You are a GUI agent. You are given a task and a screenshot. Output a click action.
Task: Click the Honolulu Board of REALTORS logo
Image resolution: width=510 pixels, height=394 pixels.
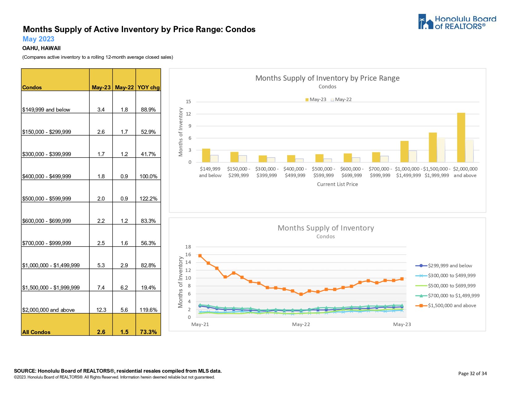click(x=457, y=22)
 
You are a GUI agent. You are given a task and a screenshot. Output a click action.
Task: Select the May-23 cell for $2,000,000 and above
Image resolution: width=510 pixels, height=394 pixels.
click(x=101, y=310)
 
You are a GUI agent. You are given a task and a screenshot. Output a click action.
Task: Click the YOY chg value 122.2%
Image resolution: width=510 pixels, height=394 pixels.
click(x=148, y=198)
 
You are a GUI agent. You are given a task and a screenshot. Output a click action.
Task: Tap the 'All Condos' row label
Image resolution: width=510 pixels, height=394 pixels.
click(x=36, y=332)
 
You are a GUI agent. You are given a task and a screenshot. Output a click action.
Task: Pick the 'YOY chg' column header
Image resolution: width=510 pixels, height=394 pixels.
click(x=148, y=87)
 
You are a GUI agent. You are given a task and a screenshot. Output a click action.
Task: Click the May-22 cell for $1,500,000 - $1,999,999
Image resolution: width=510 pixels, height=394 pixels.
click(x=124, y=287)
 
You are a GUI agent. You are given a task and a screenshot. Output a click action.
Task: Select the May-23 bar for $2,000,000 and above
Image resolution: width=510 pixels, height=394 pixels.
click(x=461, y=138)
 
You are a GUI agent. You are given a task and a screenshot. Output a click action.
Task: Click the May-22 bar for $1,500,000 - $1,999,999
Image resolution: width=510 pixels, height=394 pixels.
click(x=441, y=150)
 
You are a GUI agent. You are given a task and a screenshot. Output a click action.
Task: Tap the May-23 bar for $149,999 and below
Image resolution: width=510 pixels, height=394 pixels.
click(x=206, y=155)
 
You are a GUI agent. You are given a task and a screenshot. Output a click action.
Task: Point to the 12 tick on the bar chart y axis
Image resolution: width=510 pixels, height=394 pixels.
click(x=188, y=114)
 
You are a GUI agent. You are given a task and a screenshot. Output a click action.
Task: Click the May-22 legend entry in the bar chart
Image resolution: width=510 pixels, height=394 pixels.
click(x=341, y=100)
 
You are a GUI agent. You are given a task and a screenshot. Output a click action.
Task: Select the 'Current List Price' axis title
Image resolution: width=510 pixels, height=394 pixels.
click(x=337, y=184)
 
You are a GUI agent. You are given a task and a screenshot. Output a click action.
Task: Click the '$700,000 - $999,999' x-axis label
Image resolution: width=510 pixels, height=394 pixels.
click(x=380, y=172)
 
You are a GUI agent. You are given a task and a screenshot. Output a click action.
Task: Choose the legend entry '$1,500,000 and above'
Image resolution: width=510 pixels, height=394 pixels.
click(x=452, y=306)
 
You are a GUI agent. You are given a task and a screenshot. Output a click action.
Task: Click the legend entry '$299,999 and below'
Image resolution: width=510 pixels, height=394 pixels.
click(x=450, y=266)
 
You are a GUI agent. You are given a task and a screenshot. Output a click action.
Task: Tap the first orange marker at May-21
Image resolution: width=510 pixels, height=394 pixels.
click(x=200, y=256)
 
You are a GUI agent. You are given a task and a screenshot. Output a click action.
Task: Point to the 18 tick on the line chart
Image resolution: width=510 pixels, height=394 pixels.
click(x=188, y=247)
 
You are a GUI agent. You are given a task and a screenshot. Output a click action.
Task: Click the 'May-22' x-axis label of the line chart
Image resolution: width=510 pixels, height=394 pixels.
click(x=301, y=324)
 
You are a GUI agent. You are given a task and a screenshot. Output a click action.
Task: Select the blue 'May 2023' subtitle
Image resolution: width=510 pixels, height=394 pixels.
click(x=38, y=39)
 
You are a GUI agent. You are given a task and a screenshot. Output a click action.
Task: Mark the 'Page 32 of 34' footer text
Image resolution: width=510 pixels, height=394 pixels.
click(x=472, y=373)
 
